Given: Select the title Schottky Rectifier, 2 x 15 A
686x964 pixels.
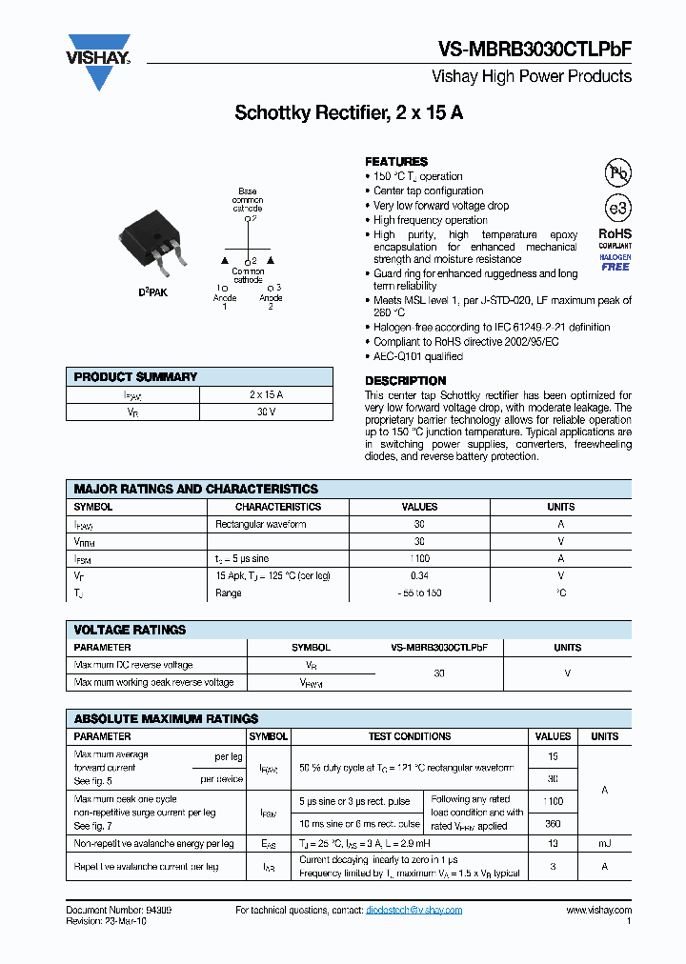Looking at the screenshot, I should pos(349,113).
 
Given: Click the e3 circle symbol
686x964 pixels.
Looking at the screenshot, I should pos(618,209).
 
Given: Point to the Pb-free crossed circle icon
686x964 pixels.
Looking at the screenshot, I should pos(618,172).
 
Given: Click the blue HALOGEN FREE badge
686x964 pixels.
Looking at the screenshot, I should pos(615,263).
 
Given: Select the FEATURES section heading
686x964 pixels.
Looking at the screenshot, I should pos(396,162).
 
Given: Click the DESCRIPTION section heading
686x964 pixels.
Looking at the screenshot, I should pos(406,381).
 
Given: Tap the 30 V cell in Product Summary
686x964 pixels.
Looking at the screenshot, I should pos(266,412).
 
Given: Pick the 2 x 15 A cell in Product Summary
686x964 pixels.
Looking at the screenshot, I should pos(266,394).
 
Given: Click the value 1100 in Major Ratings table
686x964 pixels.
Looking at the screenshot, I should pos(418,559).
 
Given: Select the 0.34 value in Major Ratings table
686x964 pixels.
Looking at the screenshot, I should pos(418,576).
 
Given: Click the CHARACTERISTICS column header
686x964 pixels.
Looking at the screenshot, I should pos(278,507).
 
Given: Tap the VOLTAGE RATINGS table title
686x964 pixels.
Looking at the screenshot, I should pos(130,630).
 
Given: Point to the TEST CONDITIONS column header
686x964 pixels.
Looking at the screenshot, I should pos(410,736).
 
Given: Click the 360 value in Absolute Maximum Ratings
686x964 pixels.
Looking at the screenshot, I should pos(553,824).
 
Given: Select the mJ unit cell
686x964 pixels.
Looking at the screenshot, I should pos(604,844).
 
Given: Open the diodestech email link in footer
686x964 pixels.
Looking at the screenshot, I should pos(414,910).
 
